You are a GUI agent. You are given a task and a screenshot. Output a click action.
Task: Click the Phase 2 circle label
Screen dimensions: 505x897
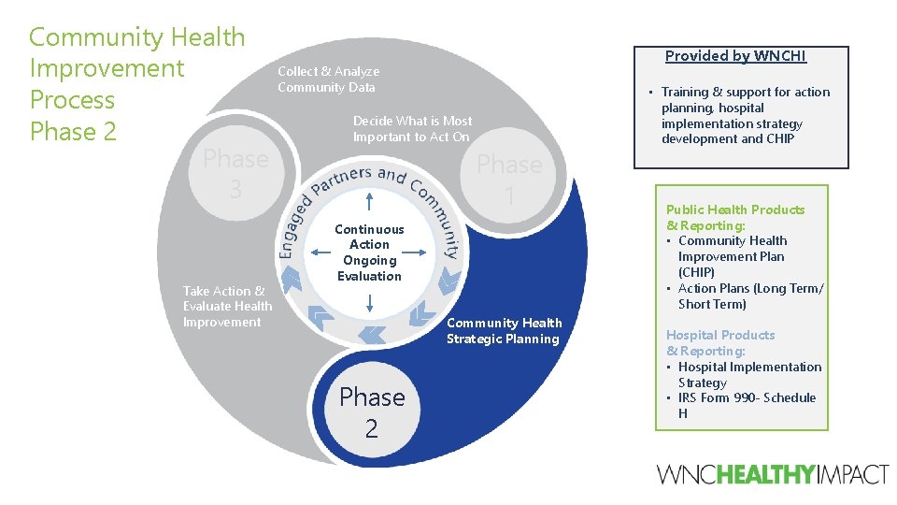pyautogui.click(x=372, y=412)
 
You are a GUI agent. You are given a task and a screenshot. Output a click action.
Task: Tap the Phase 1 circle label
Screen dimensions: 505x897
pyautogui.click(x=509, y=180)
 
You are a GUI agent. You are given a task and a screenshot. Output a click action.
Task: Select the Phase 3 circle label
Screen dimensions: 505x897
pyautogui.click(x=235, y=174)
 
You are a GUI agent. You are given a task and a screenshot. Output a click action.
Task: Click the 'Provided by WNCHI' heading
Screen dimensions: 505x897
pyautogui.click(x=735, y=56)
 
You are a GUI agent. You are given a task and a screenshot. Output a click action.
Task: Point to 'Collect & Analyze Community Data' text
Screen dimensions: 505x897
pyautogui.click(x=328, y=79)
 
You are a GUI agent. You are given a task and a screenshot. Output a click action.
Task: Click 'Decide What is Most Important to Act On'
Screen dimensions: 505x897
pyautogui.click(x=412, y=129)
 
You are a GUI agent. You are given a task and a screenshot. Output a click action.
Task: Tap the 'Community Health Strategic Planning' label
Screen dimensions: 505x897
pyautogui.click(x=504, y=331)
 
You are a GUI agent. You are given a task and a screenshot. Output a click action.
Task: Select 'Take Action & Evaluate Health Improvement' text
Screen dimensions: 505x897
pyautogui.click(x=227, y=307)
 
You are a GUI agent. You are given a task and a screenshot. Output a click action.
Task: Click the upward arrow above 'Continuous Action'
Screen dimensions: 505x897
pyautogui.click(x=370, y=202)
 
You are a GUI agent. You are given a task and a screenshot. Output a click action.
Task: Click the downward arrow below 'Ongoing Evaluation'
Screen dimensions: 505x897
pyautogui.click(x=370, y=302)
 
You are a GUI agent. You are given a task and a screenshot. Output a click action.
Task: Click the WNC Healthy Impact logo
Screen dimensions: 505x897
pyautogui.click(x=773, y=474)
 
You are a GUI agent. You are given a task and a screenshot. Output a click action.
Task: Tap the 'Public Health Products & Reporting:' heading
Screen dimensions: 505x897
pyautogui.click(x=734, y=217)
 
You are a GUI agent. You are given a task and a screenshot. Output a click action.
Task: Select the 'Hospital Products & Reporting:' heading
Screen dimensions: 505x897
pyautogui.click(x=719, y=342)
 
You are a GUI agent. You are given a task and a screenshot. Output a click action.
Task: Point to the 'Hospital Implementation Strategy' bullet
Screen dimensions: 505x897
pyautogui.click(x=748, y=374)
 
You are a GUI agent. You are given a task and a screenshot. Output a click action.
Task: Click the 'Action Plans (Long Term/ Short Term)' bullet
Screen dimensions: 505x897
pyautogui.click(x=750, y=296)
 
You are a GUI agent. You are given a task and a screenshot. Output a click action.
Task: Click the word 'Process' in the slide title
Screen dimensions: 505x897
pyautogui.click(x=72, y=100)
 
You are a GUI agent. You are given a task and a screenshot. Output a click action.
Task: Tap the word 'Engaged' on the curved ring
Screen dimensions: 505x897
pyautogui.click(x=292, y=224)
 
